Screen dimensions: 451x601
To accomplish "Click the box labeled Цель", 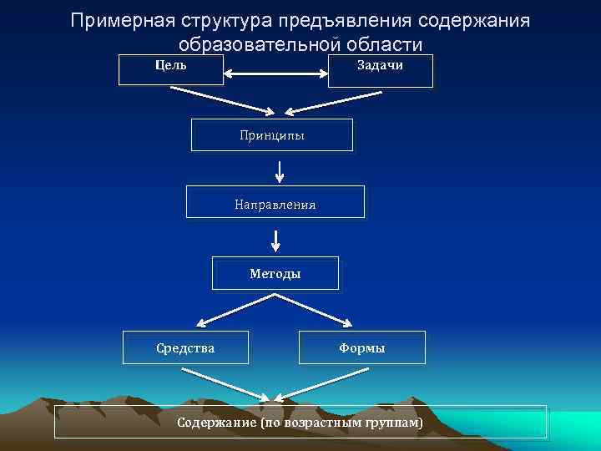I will pyautogui.click(x=171, y=70).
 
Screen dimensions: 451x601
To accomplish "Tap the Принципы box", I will pyautogui.click(x=271, y=134).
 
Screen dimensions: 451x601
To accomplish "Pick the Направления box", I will pyautogui.click(x=275, y=202).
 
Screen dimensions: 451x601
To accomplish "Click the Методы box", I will pyautogui.click(x=275, y=273).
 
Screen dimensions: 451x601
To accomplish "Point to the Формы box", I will pyautogui.click(x=361, y=347).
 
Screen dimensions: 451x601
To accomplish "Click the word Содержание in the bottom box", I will pyautogui.click(x=216, y=423).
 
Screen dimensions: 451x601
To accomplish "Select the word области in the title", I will pyautogui.click(x=376, y=44).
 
